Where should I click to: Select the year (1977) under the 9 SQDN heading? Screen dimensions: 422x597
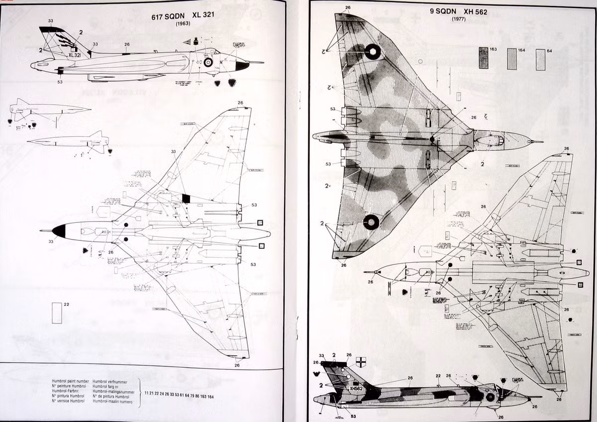click(x=458, y=19)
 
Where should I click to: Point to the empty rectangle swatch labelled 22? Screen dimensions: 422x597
click(x=57, y=313)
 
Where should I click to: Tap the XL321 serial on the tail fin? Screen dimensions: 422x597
click(x=75, y=55)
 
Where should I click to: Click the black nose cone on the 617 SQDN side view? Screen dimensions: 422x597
click(x=242, y=65)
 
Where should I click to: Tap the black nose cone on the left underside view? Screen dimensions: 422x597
click(x=59, y=230)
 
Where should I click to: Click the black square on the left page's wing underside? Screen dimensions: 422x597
click(x=186, y=198)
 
